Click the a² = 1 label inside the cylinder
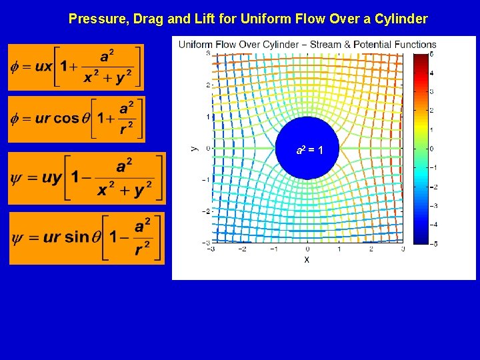[x=310, y=150]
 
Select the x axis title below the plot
[x=307, y=259]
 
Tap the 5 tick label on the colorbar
[x=431, y=53]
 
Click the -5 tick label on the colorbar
[x=430, y=244]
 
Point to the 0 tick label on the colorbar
[x=431, y=149]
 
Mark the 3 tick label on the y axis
[x=208, y=53]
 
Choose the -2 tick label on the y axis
[x=207, y=211]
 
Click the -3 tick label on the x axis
[x=211, y=249]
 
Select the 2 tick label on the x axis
[x=371, y=249]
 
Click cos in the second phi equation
[x=66, y=119]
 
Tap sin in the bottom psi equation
[x=77, y=237]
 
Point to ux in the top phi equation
[x=43, y=67]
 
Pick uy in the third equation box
[x=51, y=177]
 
